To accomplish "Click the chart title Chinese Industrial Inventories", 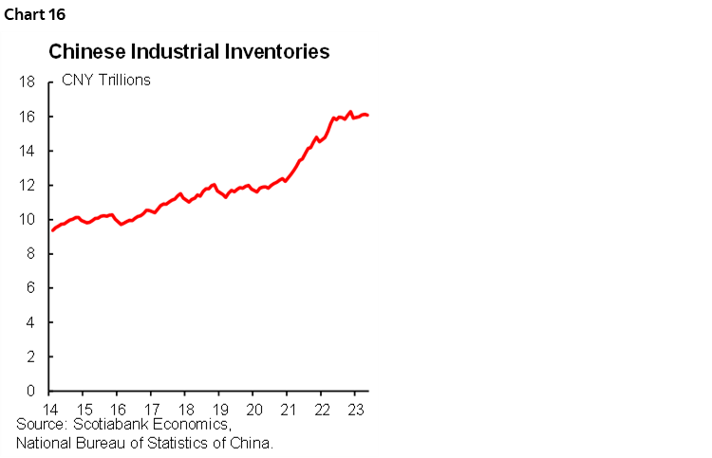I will pyautogui.click(x=189, y=52).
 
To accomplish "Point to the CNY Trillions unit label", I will pyautogui.click(x=106, y=80).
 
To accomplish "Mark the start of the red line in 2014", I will pyautogui.click(x=52, y=230).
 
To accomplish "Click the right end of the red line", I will pyautogui.click(x=368, y=116).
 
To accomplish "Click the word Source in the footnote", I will pyautogui.click(x=41, y=425).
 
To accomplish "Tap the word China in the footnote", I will pyautogui.click(x=250, y=442).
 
